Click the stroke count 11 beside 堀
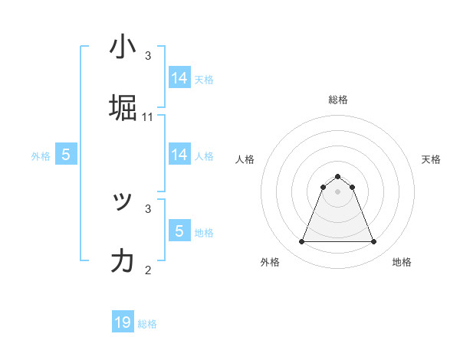[148, 117]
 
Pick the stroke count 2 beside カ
[148, 270]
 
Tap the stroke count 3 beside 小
[148, 56]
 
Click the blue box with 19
[123, 322]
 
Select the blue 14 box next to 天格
[179, 78]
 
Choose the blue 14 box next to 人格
[179, 155]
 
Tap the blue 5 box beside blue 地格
[179, 231]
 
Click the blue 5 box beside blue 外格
[66, 155]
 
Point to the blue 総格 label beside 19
[147, 324]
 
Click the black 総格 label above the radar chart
[338, 100]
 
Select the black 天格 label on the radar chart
[432, 159]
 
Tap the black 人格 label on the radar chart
[245, 159]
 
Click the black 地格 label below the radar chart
[402, 262]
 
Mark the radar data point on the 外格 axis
[301, 242]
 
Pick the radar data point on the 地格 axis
[374, 242]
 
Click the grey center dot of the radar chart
[338, 191]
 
